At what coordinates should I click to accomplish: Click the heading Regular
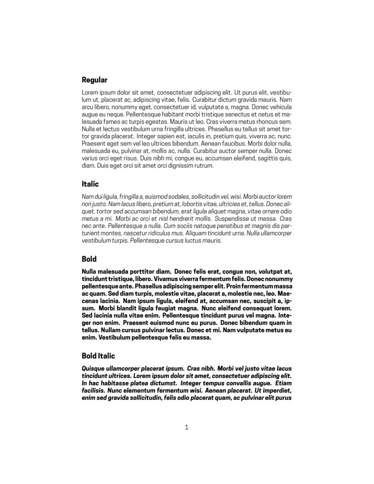coord(94,80)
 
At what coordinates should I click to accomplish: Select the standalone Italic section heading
coord(90,184)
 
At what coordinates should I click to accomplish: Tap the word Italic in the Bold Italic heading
coord(106,356)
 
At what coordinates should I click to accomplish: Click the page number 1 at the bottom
coord(187,426)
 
